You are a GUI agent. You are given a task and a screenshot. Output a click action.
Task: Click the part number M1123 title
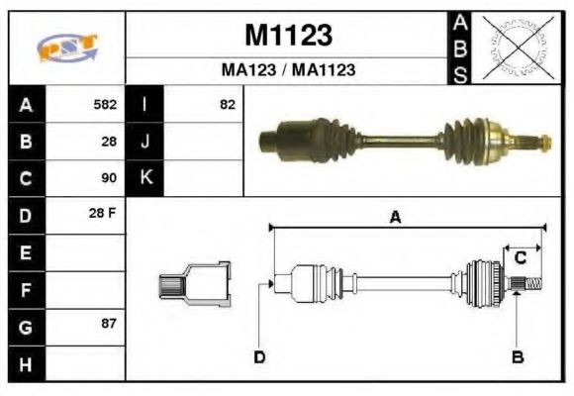[287, 37]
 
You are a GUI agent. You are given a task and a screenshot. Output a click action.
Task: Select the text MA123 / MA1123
[287, 70]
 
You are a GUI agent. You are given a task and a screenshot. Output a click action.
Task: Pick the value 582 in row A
[105, 104]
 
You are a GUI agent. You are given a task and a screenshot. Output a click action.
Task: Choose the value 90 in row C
[109, 178]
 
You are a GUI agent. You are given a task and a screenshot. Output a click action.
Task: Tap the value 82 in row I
[228, 104]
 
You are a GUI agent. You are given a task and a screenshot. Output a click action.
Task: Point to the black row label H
[25, 363]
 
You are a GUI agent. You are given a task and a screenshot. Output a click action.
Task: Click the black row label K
[145, 178]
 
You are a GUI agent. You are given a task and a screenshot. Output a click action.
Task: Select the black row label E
[25, 252]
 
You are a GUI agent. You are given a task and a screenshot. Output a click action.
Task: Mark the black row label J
[145, 142]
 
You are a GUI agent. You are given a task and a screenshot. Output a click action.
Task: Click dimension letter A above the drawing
[394, 218]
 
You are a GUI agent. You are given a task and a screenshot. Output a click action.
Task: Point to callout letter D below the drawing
[259, 357]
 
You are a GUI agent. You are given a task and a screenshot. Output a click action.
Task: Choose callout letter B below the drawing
[517, 357]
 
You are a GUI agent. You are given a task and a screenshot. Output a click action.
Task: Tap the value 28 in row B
[109, 142]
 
